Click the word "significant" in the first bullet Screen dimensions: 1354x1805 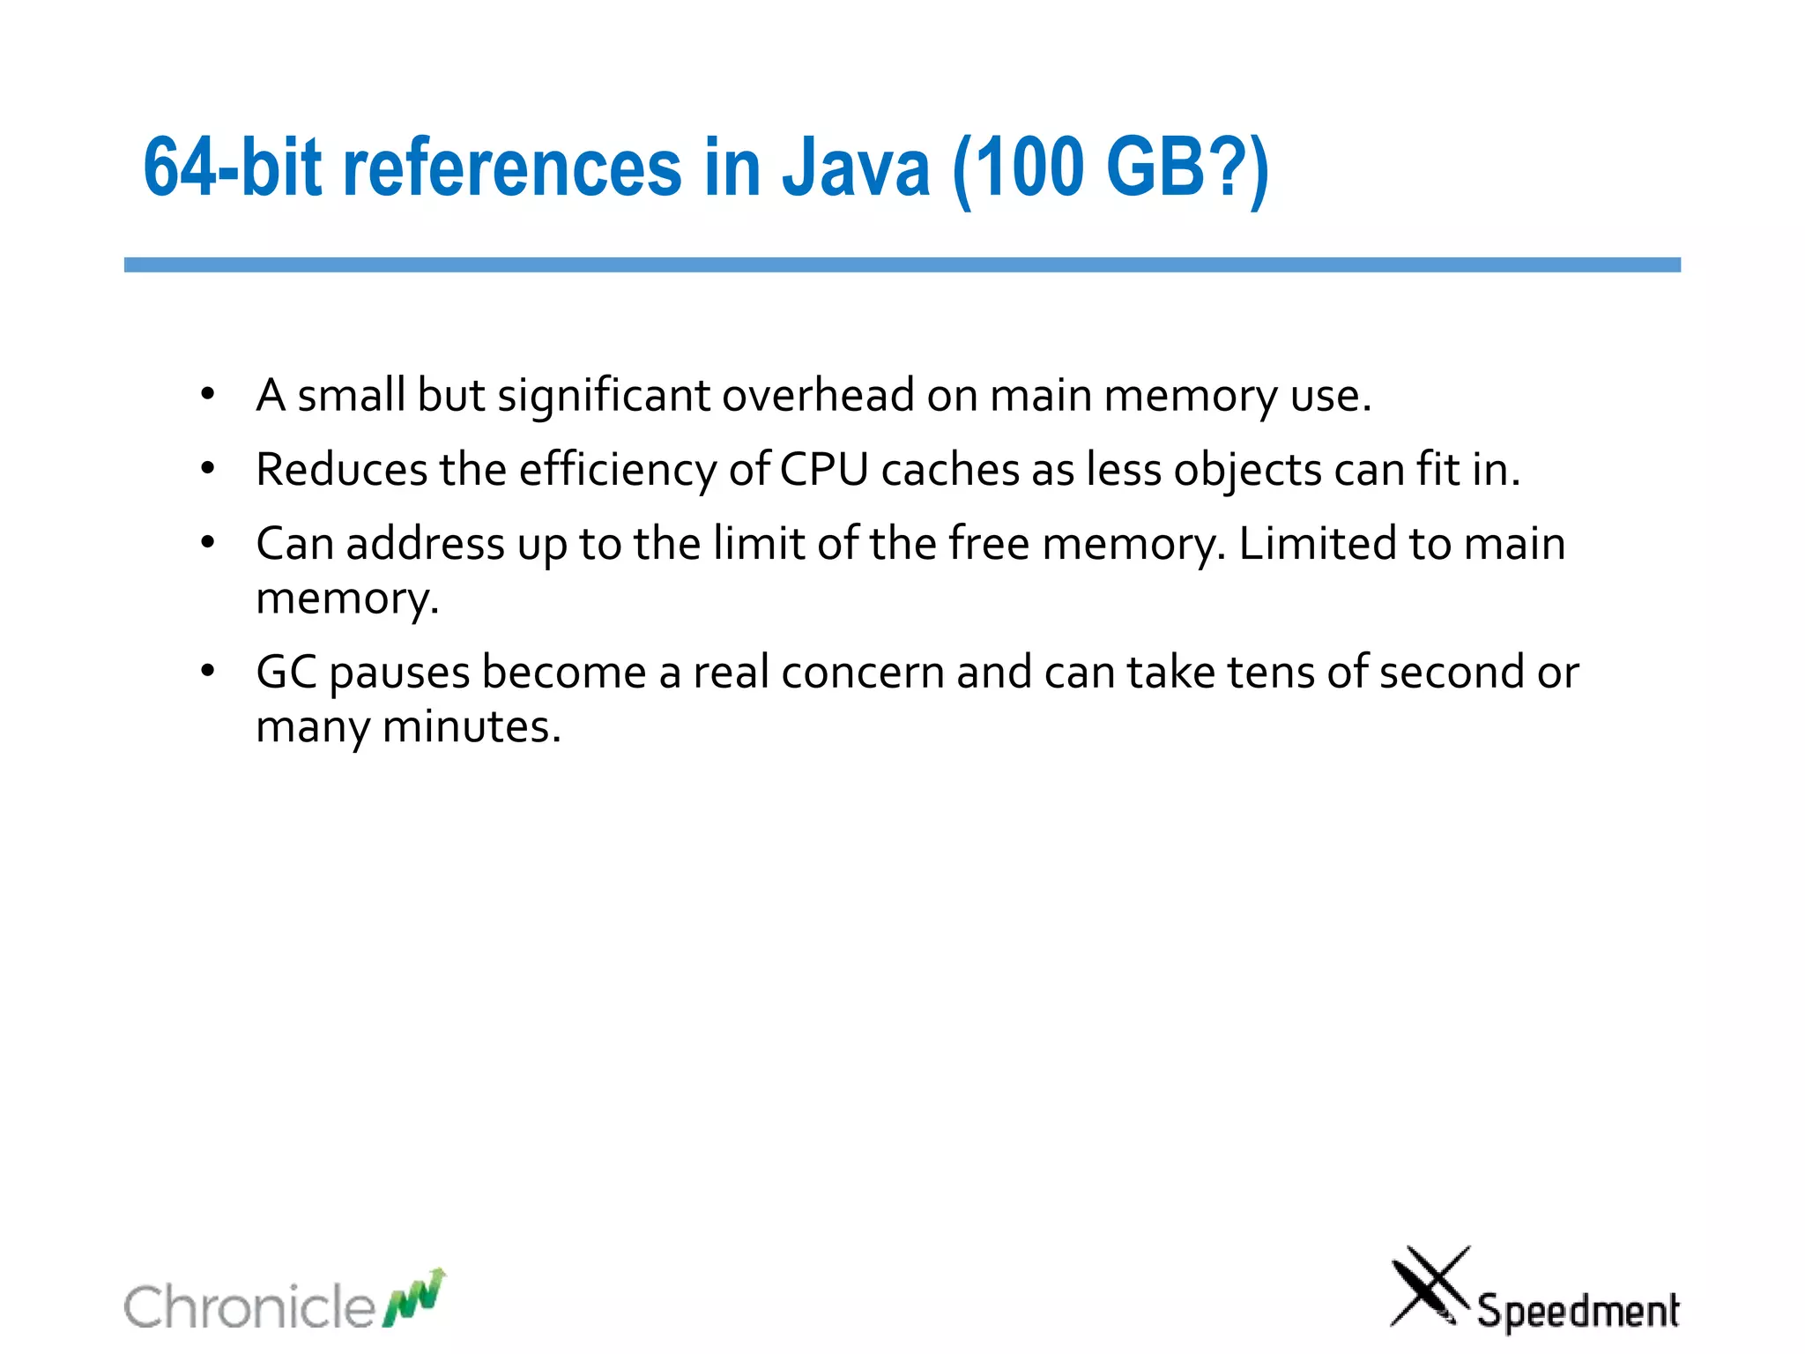point(604,396)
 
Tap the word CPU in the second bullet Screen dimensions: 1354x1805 point(824,470)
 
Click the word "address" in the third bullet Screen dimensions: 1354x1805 point(425,544)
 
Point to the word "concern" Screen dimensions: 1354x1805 point(862,673)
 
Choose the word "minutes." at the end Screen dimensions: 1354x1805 point(472,728)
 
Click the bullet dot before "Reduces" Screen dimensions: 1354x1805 point(207,468)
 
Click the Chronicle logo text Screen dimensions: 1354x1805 point(249,1306)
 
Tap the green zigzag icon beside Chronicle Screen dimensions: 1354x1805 point(414,1298)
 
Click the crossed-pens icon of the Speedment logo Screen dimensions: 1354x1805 point(1429,1285)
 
